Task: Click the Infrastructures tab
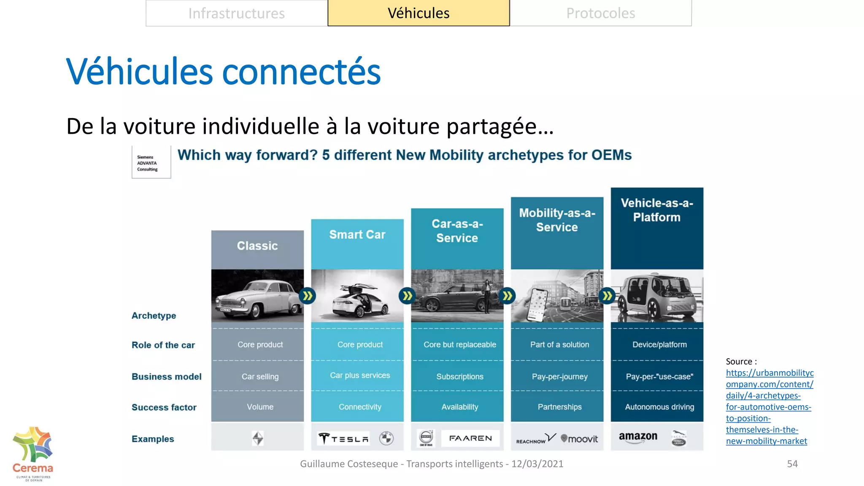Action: coord(237,13)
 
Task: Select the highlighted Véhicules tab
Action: coord(418,13)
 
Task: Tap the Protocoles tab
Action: coord(600,13)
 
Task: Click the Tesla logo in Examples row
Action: coord(343,439)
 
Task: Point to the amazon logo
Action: coord(638,437)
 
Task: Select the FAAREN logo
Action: coord(470,438)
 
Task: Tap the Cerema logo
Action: coord(33,454)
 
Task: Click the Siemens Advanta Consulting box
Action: coord(151,163)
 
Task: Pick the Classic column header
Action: coord(257,246)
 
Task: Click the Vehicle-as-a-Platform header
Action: coord(657,211)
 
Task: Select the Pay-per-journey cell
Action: coord(559,377)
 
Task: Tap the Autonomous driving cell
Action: coord(659,407)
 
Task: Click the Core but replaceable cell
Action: coord(459,345)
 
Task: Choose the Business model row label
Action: coord(166,377)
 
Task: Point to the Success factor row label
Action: coord(164,408)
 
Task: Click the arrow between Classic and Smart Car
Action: coord(308,296)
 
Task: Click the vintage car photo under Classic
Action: coord(257,296)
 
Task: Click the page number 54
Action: coord(792,464)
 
